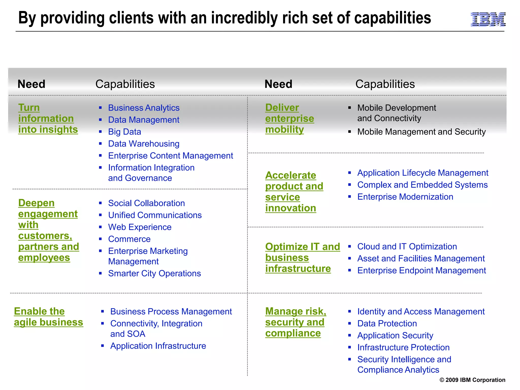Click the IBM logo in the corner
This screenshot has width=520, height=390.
pos(488,19)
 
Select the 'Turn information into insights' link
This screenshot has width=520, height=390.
pos(48,119)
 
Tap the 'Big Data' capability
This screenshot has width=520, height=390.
pos(124,132)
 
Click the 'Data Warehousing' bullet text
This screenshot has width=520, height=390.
pos(144,144)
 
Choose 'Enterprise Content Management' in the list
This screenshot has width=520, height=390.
pos(170,156)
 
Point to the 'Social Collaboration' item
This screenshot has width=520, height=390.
pos(146,203)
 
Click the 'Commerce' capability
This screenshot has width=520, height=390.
pos(129,239)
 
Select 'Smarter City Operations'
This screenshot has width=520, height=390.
pos(154,273)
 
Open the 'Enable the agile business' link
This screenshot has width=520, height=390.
pos(48,317)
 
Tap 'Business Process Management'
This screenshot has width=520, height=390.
pos(171,312)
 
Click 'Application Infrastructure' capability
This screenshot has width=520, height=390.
pos(158,346)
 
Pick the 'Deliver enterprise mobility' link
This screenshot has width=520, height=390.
pos(289,119)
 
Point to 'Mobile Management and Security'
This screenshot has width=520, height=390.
pos(421,132)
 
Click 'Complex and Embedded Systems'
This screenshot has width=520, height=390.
pos(422,185)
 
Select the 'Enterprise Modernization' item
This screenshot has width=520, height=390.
pos(405,197)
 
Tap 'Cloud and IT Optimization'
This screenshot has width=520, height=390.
pos(407,247)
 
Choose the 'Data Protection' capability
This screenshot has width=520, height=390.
pos(387,323)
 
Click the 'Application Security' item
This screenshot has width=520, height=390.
pos(395,335)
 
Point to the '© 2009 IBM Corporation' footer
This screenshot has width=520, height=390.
pos(472,380)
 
